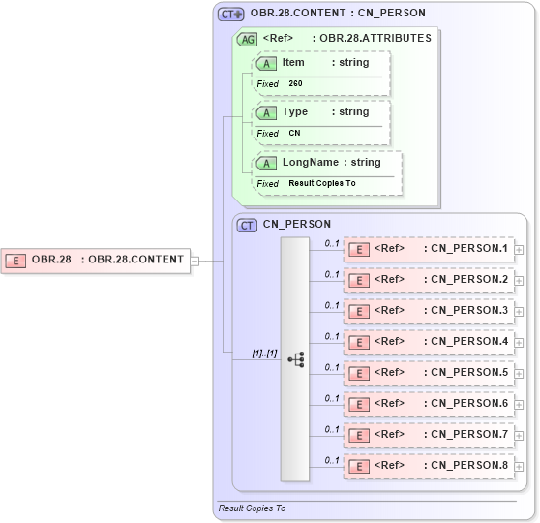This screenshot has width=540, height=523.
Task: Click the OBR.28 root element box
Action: [97, 260]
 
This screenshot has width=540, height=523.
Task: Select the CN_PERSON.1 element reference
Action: [429, 249]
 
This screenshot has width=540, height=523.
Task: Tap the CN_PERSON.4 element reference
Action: [429, 342]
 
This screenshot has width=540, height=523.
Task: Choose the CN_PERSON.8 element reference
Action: [429, 466]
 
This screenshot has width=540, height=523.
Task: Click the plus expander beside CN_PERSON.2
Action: [520, 281]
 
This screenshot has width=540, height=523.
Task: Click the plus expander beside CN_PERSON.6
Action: [520, 405]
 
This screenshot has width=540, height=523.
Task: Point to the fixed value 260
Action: [295, 84]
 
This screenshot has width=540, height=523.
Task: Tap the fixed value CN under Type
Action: [294, 134]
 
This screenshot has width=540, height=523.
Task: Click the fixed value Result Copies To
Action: [321, 183]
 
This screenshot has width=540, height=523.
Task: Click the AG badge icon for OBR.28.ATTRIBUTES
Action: [247, 40]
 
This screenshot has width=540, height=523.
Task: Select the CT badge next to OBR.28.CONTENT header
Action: [230, 15]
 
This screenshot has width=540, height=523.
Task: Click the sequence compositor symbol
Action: [295, 359]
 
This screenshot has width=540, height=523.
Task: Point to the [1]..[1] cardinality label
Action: [264, 354]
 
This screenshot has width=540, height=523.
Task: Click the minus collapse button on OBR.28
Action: [195, 260]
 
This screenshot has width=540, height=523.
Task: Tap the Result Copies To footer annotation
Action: [252, 508]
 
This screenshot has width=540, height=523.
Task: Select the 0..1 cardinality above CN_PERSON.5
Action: [332, 367]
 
